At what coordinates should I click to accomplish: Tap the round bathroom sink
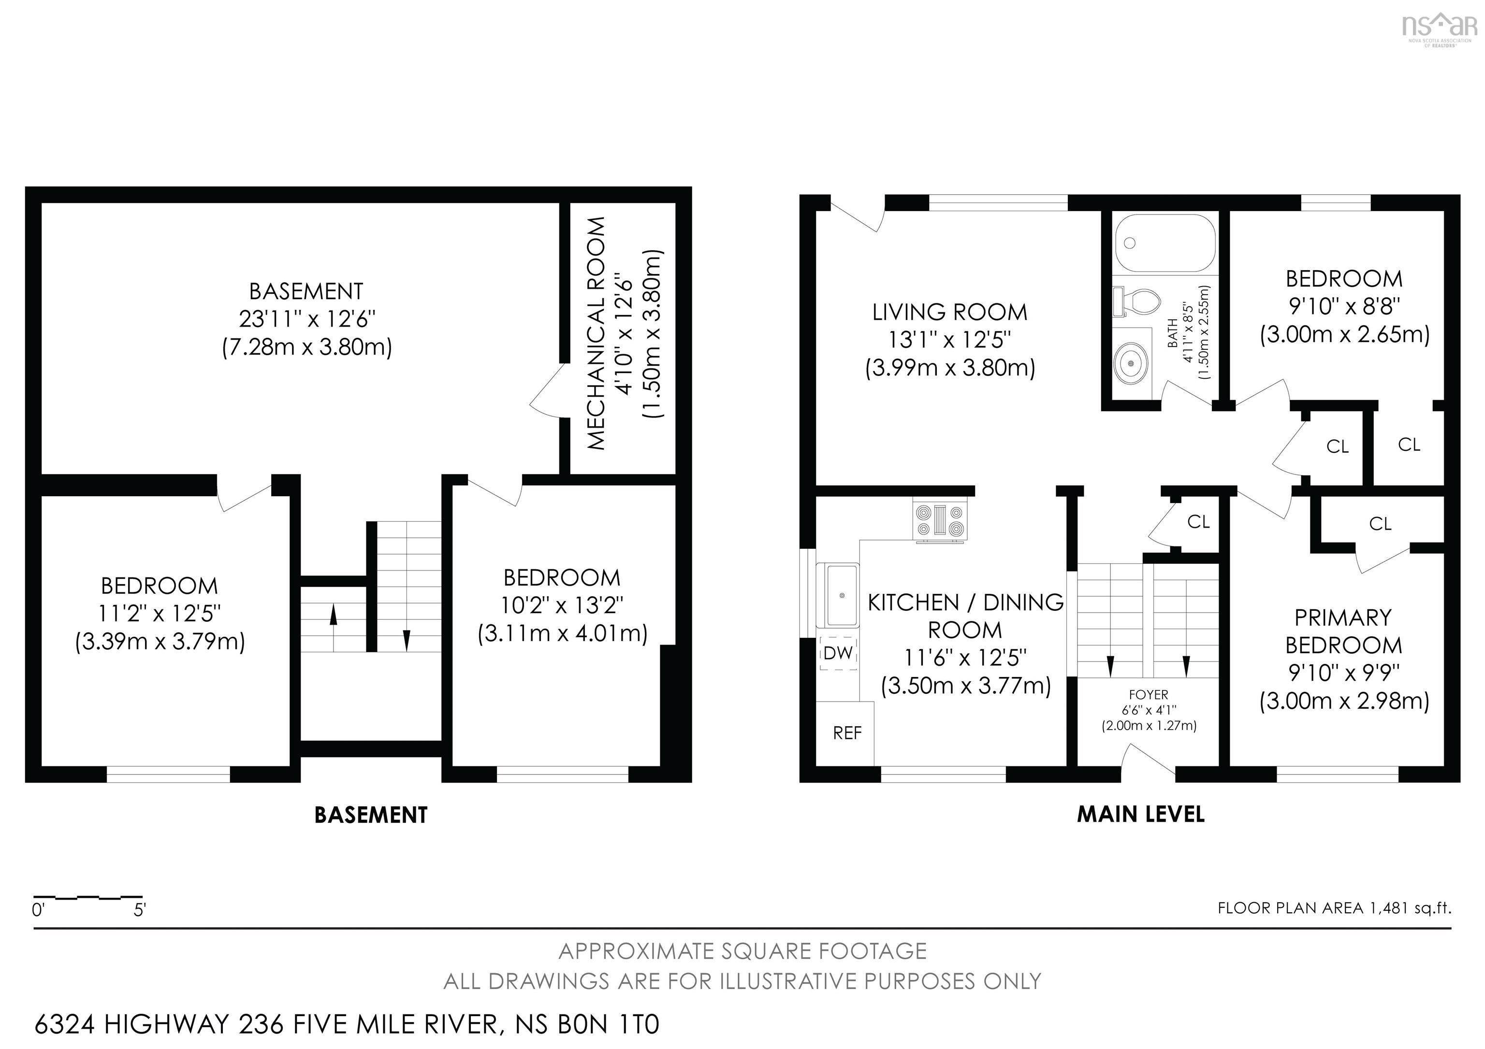(1131, 363)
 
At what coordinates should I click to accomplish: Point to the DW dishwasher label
(838, 653)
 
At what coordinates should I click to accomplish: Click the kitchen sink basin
(839, 595)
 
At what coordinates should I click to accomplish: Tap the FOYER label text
(1149, 694)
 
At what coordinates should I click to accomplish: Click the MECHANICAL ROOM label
(597, 333)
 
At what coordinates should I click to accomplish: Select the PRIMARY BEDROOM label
(1343, 632)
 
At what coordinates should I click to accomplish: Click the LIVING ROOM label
(949, 312)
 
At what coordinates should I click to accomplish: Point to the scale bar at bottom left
(88, 898)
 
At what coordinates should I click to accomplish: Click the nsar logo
(1439, 27)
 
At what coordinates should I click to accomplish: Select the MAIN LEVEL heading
(1140, 814)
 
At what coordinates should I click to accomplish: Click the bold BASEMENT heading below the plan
(371, 815)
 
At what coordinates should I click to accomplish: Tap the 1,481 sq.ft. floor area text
(1410, 908)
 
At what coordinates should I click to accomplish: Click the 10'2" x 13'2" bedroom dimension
(562, 605)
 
